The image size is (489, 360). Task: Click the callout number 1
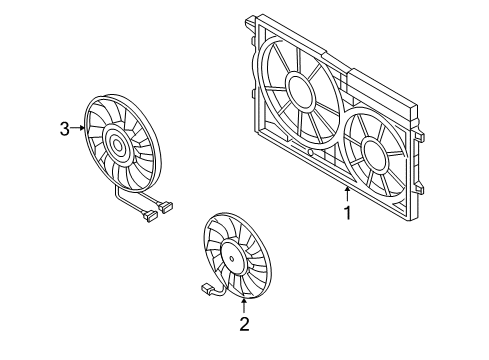348,213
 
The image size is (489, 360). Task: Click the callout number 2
244,324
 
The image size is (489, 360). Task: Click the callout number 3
65,129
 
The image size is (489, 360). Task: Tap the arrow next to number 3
78,128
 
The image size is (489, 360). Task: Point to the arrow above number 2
244,306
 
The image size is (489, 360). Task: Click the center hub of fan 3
117,145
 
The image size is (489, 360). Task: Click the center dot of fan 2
232,258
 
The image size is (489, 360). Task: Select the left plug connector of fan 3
149,215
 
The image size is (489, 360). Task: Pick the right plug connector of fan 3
167,207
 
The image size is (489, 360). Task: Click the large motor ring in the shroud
300,90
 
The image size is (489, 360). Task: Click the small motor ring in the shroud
374,154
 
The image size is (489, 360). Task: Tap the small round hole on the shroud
310,153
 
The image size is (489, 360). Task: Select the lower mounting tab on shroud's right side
419,187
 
